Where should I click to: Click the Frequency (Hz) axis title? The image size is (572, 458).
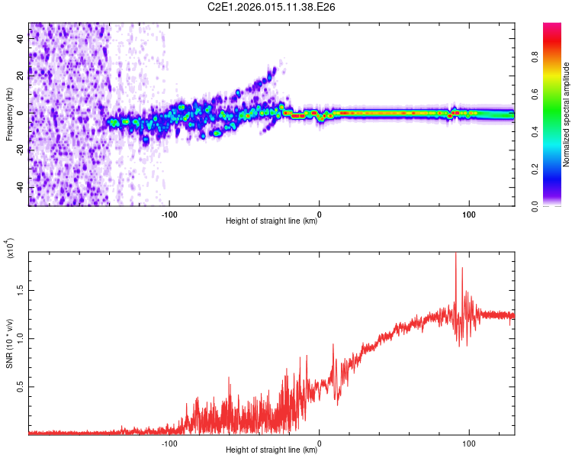click(9, 114)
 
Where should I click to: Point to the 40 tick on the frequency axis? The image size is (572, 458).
click(21, 40)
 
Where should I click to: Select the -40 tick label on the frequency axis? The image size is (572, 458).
click(21, 187)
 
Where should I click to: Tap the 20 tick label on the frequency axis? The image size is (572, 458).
click(21, 76)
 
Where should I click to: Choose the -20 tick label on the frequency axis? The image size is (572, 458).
click(21, 150)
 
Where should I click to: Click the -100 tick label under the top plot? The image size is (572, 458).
click(169, 214)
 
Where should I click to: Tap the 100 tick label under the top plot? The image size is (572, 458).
click(470, 214)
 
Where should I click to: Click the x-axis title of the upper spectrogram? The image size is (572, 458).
click(272, 221)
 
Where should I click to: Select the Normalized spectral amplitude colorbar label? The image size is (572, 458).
click(567, 114)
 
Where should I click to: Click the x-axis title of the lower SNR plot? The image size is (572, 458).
click(272, 450)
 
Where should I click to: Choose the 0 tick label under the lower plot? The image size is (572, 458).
click(320, 443)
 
